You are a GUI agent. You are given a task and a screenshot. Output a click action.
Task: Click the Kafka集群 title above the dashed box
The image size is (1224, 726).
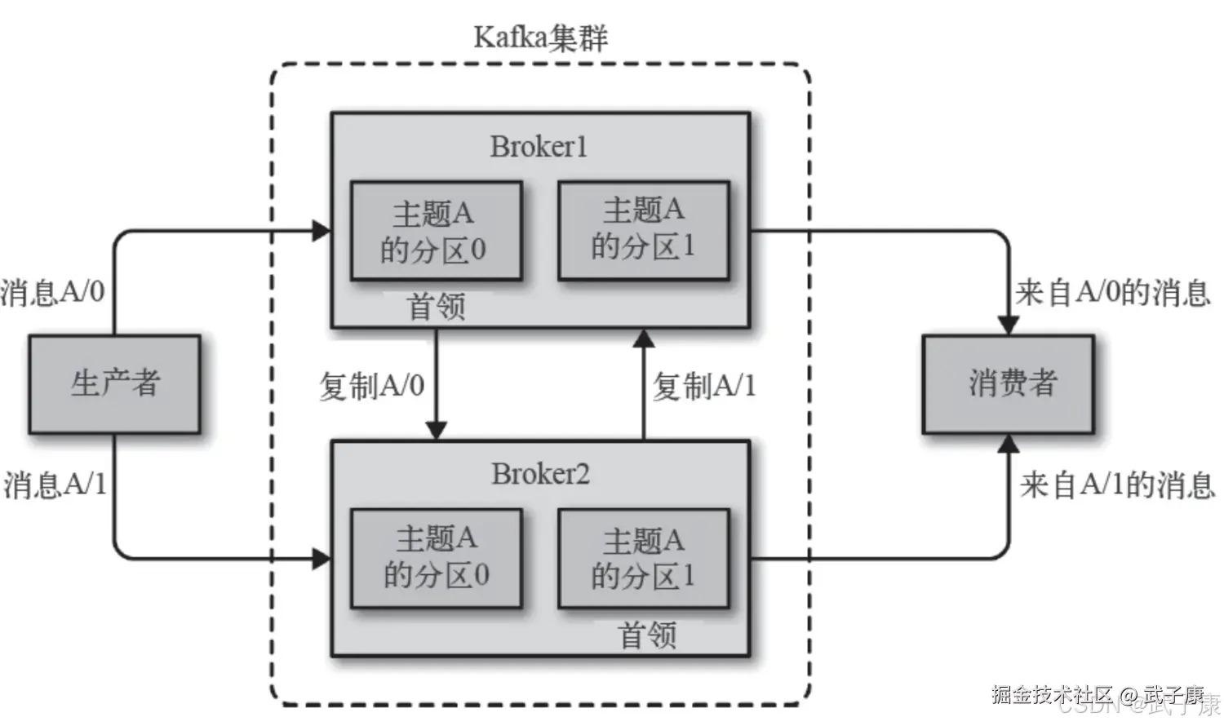(x=540, y=38)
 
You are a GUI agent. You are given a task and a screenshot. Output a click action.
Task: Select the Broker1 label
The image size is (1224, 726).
(x=539, y=147)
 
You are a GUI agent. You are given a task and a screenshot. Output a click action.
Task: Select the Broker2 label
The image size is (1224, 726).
(x=539, y=474)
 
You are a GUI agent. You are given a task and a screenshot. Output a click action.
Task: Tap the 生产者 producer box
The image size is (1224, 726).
(x=114, y=383)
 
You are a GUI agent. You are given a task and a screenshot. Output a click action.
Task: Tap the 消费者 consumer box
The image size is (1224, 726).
(x=1009, y=383)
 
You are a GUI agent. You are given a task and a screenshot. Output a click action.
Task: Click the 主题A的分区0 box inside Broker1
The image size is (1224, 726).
(x=436, y=232)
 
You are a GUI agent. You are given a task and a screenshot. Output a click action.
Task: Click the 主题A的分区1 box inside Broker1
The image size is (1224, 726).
(x=643, y=230)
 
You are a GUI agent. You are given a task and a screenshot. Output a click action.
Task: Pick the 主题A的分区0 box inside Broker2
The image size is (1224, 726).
(x=436, y=559)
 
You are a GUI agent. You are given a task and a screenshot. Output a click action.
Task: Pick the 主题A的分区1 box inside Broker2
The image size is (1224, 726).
(x=643, y=559)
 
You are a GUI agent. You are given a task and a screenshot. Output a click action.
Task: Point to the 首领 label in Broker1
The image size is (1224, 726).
(x=436, y=308)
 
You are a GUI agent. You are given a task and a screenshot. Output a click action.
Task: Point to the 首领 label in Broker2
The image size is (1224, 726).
(x=648, y=635)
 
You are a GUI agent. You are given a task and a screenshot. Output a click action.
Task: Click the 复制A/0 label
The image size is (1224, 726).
(x=372, y=386)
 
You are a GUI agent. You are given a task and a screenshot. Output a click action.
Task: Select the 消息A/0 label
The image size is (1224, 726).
(x=53, y=291)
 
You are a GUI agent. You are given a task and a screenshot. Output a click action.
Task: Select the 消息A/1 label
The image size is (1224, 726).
(x=55, y=485)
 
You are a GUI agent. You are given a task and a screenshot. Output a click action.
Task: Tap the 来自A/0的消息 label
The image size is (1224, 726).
(x=1113, y=292)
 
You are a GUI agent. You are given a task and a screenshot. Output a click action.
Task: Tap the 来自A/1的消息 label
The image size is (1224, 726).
(x=1116, y=485)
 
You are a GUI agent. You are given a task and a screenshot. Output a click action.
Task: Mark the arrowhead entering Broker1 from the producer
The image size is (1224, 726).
(x=322, y=231)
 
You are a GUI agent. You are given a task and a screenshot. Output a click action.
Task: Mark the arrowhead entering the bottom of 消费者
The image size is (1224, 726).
(x=1009, y=444)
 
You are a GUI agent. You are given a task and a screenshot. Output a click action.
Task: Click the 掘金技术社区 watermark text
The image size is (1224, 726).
(x=1053, y=695)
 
